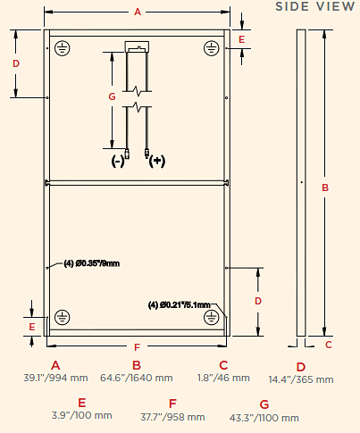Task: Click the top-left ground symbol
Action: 63,48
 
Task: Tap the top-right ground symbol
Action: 212,48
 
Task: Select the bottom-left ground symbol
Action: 63,317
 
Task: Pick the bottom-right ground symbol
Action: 212,317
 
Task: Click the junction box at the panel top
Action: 137,46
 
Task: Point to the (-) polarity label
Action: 118,162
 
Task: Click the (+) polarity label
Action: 157,161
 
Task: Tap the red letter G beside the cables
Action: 112,96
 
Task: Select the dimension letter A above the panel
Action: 138,12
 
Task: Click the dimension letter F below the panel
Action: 137,347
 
